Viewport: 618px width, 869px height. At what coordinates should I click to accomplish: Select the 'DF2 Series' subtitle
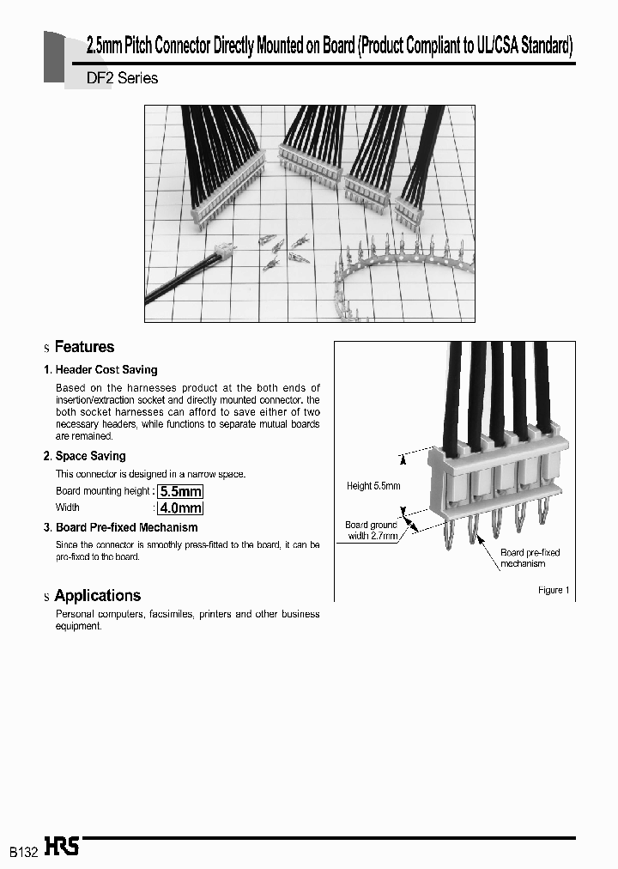click(x=122, y=78)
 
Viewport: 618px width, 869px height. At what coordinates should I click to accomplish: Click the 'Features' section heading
click(x=84, y=347)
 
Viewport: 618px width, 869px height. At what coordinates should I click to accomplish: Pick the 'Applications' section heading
click(x=97, y=595)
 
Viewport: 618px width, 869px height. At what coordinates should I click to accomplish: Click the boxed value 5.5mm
click(x=180, y=491)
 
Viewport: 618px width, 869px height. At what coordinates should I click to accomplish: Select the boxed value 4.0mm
click(x=180, y=507)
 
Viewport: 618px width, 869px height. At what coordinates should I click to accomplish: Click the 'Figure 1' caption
click(x=550, y=590)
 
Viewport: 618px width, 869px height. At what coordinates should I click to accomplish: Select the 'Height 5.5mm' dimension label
click(x=373, y=486)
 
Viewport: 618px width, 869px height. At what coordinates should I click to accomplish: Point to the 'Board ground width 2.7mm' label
click(x=371, y=531)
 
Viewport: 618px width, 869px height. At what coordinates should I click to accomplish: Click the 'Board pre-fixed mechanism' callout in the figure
click(x=530, y=558)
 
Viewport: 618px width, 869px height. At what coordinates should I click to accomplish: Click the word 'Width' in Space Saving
click(x=68, y=507)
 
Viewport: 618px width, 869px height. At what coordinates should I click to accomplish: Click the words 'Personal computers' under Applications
click(x=94, y=614)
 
